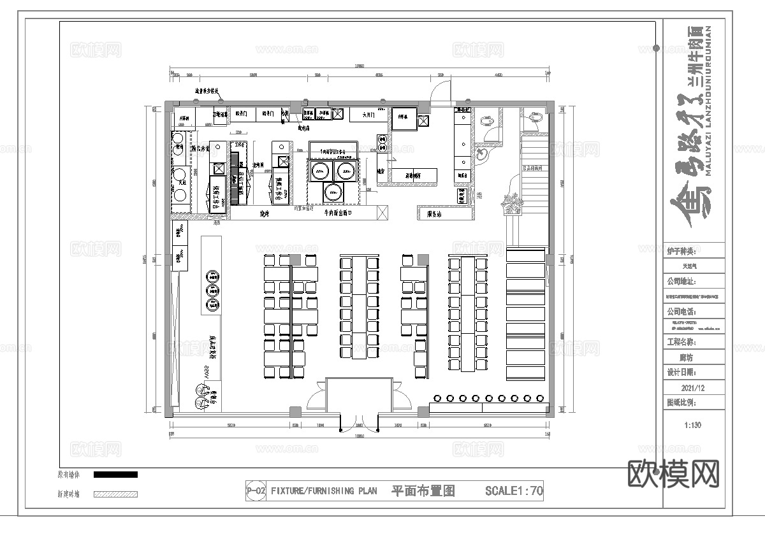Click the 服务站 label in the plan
[434, 215]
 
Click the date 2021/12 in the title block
[693, 387]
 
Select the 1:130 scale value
[692, 426]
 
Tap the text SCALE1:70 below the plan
[513, 491]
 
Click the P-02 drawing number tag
[256, 491]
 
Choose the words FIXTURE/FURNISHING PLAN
[324, 491]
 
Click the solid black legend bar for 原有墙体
[115, 475]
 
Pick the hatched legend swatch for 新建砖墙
[115, 494]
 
